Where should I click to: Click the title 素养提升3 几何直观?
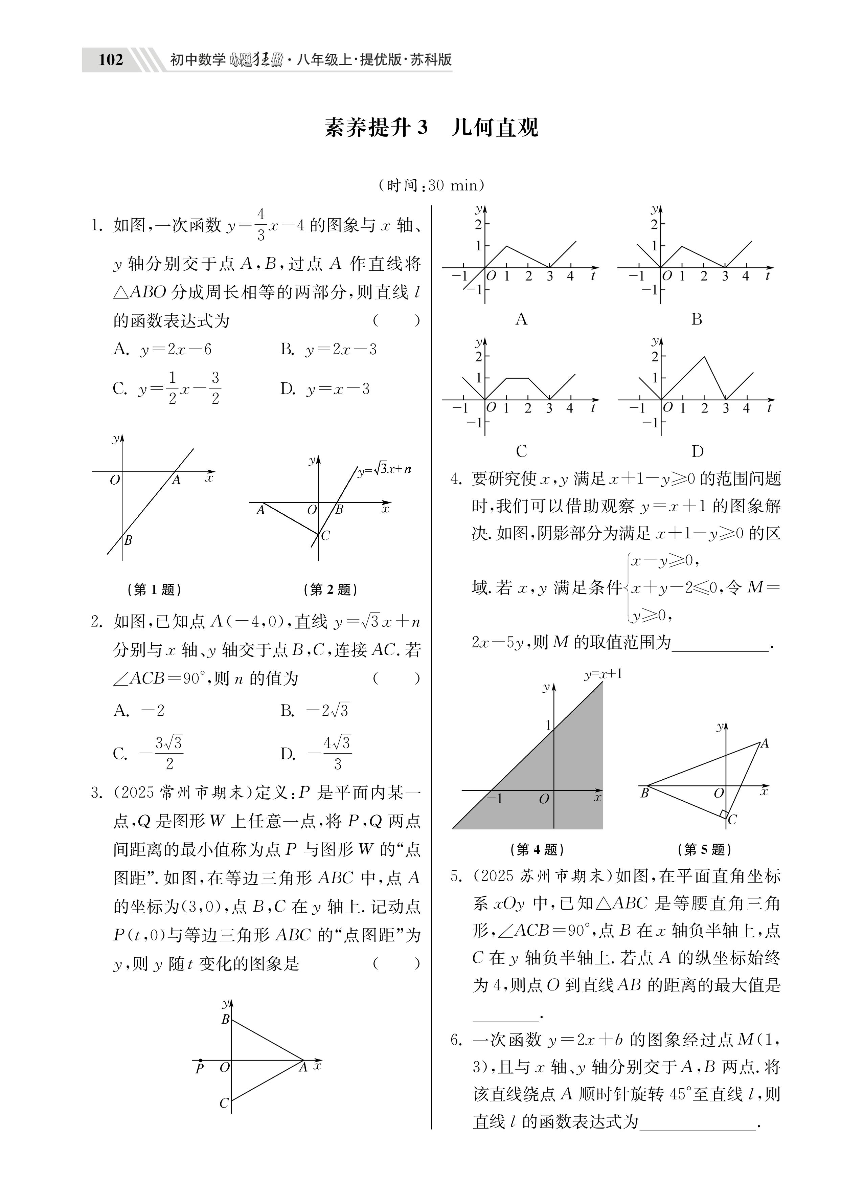point(431,128)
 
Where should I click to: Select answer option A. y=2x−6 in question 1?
point(162,349)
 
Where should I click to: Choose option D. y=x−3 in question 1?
point(325,389)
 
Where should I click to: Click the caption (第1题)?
point(154,589)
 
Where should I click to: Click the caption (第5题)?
point(704,849)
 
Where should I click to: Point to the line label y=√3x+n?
point(384,469)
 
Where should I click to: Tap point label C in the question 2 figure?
point(325,536)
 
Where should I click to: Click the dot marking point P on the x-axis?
point(201,1059)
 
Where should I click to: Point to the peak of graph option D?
point(704,356)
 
